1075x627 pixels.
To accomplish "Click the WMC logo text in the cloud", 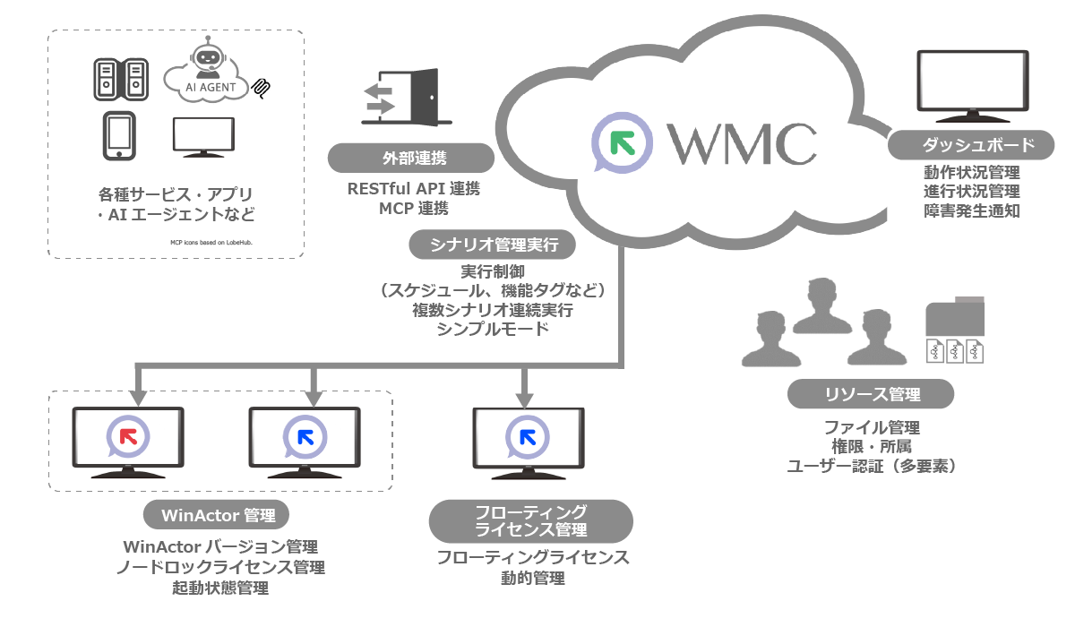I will coord(742,142).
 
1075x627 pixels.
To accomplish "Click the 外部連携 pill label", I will coord(409,159).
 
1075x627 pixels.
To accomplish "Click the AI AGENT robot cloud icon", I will coord(211,75).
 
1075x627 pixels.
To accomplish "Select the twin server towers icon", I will coord(119,78).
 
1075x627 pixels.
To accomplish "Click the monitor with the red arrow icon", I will coord(128,442).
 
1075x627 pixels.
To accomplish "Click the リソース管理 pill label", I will coord(871,393).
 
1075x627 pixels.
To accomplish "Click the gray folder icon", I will coord(955,317).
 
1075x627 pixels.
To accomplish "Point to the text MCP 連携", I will coord(409,209).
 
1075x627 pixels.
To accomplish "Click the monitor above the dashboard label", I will coord(971,86).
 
